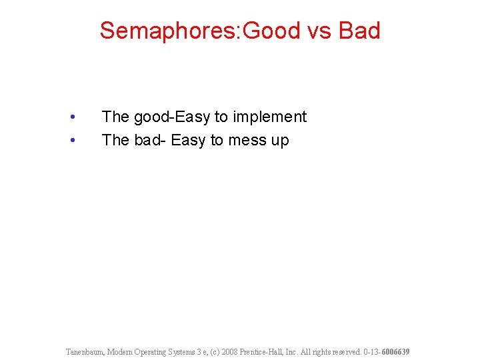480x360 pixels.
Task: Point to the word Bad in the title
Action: pos(359,31)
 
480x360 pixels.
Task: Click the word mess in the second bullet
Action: pos(247,141)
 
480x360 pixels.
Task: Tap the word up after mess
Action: pos(280,141)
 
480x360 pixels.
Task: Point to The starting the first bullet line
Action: pos(115,117)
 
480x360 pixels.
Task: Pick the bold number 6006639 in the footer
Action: pos(395,351)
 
